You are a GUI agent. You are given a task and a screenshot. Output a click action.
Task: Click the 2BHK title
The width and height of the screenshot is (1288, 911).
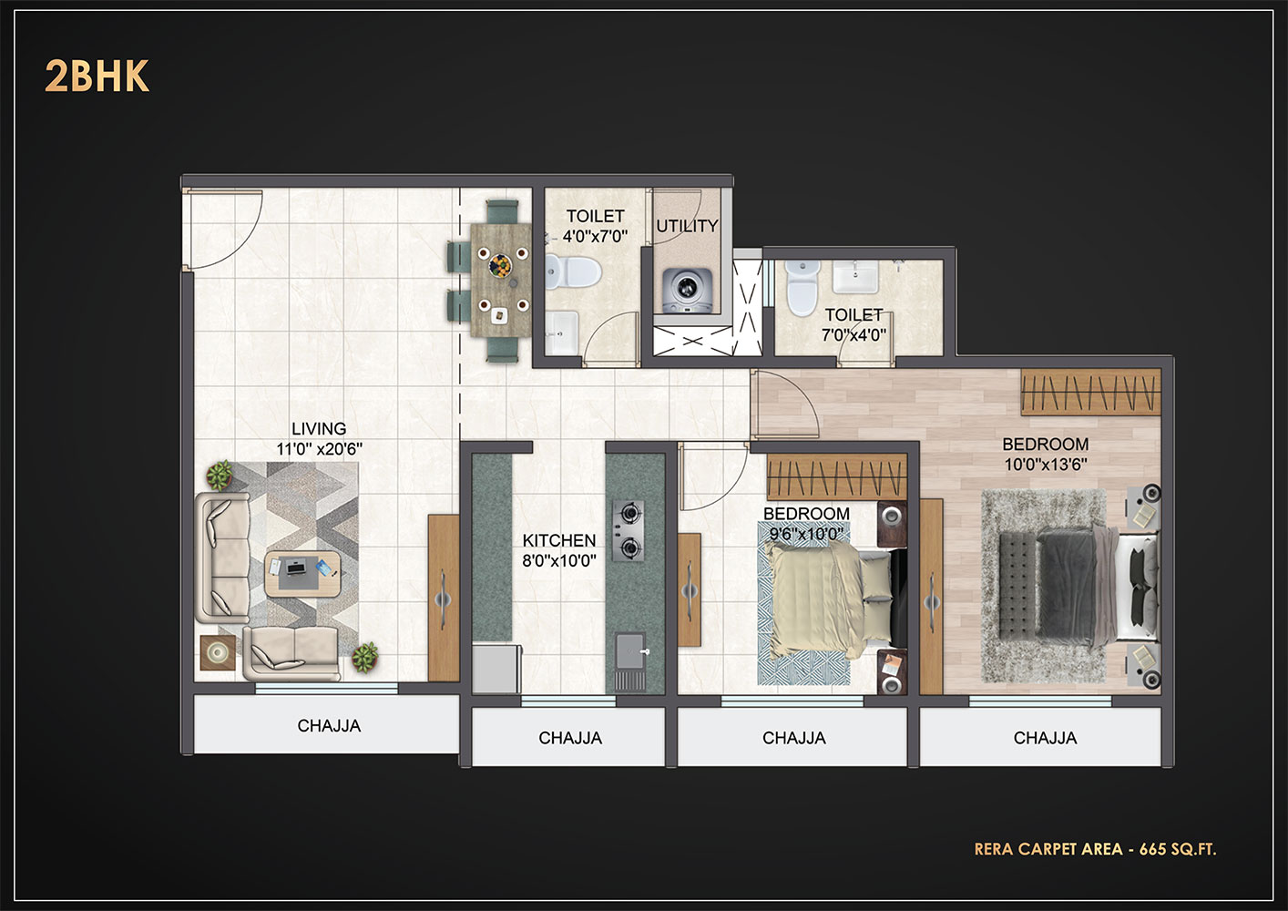[97, 77]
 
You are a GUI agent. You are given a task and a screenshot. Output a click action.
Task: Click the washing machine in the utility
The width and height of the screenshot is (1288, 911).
[687, 291]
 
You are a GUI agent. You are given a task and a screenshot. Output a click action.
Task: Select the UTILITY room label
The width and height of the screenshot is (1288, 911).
[687, 226]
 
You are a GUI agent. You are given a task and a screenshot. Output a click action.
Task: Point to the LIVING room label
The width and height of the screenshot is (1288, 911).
[319, 428]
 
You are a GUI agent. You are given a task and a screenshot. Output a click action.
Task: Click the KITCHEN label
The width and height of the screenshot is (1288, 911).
[559, 540]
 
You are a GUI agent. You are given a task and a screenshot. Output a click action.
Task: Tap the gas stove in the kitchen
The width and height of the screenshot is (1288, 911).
[628, 530]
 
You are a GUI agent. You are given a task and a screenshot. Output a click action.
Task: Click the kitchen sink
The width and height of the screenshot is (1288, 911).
[630, 650]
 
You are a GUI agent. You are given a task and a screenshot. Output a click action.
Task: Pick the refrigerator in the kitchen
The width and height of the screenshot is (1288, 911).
[496, 669]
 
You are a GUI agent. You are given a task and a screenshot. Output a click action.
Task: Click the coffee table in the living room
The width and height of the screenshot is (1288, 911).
[302, 574]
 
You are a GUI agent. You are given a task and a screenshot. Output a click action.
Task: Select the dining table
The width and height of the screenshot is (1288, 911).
[501, 280]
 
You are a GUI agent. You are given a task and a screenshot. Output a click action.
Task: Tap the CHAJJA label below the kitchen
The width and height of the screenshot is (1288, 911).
[570, 738]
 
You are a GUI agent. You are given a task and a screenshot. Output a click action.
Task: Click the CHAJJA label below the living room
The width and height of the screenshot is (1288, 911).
[329, 726]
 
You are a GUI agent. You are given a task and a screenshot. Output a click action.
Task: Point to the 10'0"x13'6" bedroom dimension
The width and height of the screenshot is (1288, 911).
[1046, 464]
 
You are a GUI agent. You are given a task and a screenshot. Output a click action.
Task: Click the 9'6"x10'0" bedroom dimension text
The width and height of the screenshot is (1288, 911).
[806, 534]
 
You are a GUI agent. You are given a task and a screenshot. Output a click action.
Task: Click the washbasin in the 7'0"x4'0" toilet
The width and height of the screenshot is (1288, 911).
[855, 277]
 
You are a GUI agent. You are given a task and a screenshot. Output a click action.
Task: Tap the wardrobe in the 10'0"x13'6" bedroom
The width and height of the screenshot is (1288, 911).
[1090, 392]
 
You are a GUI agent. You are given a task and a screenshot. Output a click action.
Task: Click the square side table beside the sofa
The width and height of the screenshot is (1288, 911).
[218, 653]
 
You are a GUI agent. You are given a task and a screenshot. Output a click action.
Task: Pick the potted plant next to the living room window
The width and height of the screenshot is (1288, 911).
[365, 658]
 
